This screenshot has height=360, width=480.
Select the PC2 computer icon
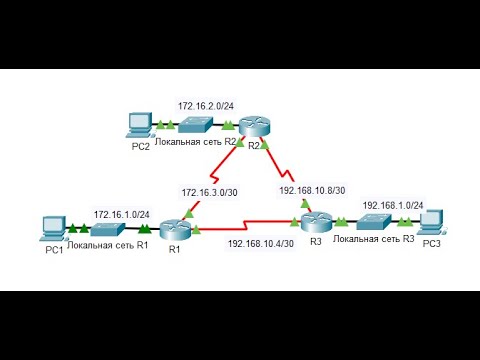tap(139, 125)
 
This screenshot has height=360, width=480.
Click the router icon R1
tap(175, 228)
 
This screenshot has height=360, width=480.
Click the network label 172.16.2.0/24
tap(206, 105)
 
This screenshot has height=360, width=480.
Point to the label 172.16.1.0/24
tap(121, 213)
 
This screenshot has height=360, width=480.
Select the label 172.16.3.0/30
tap(209, 191)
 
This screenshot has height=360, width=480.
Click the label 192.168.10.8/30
tap(312, 189)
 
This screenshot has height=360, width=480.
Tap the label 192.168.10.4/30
tap(261, 243)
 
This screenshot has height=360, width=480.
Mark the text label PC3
tap(432, 243)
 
